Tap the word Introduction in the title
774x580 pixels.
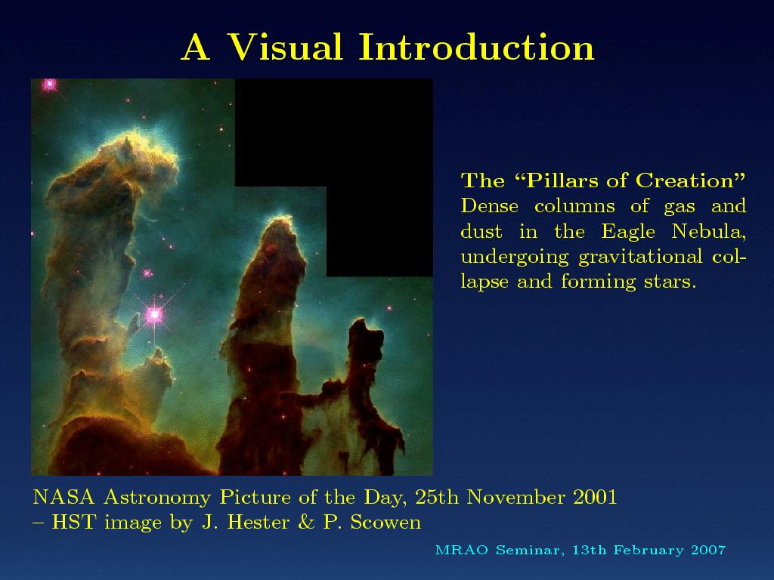coord(476,48)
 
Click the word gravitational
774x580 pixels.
coord(640,257)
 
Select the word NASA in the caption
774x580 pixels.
coord(63,497)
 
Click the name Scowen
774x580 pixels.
coord(385,523)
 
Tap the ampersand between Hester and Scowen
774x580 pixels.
coord(306,523)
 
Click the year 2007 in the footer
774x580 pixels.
coord(708,550)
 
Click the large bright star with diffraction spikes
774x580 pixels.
coord(154,314)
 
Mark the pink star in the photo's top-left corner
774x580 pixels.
coord(49,85)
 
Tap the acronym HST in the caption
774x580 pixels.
coord(73,523)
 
